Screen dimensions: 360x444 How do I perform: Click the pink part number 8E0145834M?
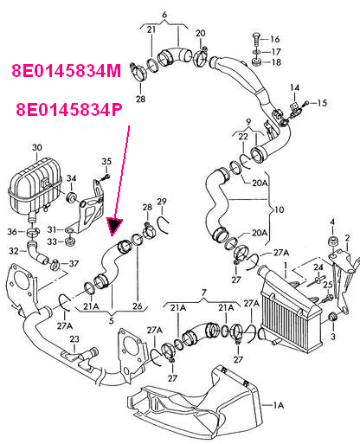(67, 71)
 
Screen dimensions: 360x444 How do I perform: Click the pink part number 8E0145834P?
(69, 110)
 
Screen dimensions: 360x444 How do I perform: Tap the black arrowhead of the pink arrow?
(114, 226)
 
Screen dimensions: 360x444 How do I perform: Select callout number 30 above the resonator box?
(37, 148)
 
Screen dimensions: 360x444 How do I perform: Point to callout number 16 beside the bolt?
(275, 39)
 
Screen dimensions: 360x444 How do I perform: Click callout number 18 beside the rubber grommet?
(276, 62)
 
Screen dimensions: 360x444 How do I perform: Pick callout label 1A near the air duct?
(279, 405)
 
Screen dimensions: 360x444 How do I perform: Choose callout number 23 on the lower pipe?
(74, 339)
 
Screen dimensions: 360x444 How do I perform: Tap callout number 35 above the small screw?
(106, 161)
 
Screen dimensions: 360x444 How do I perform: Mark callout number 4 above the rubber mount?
(332, 222)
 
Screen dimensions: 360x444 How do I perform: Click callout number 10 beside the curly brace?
(279, 209)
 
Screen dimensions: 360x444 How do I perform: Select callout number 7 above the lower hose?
(204, 293)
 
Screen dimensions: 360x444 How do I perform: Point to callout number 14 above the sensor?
(294, 87)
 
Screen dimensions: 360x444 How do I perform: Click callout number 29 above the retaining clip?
(162, 202)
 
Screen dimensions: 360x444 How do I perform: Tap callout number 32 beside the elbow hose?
(14, 251)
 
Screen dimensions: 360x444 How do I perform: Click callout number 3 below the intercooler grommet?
(333, 337)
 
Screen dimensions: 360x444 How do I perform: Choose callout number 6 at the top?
(164, 15)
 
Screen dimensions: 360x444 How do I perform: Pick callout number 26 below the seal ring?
(138, 306)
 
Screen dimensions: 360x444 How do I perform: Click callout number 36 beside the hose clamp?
(12, 232)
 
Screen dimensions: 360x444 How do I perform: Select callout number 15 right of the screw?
(322, 103)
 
